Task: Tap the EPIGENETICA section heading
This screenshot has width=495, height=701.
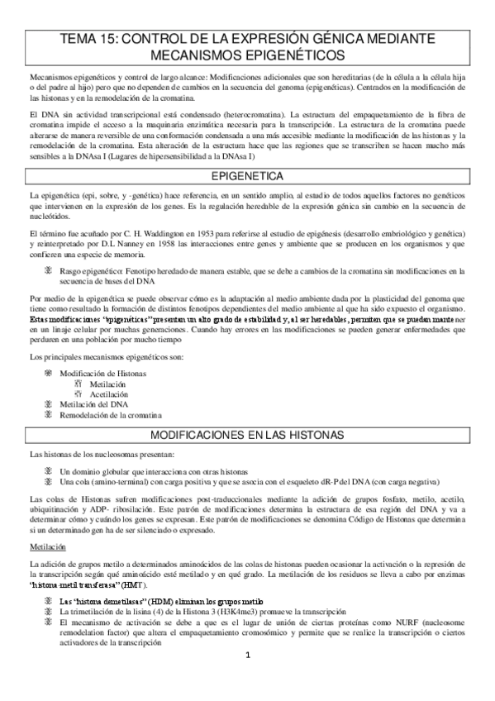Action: [x=247, y=176]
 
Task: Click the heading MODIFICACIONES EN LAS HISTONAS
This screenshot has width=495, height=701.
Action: [x=247, y=435]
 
